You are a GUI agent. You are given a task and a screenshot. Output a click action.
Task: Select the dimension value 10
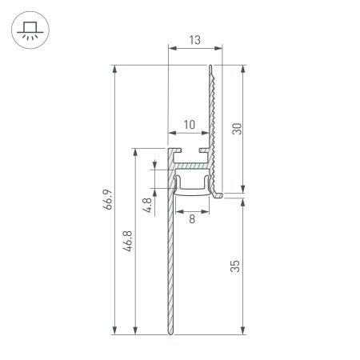[x=189, y=124]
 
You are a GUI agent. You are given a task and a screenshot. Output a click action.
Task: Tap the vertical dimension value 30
[x=236, y=128]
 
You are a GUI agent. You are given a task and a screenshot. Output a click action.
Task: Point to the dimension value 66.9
[x=106, y=198]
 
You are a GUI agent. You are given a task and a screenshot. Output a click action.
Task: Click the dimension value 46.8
[x=128, y=240]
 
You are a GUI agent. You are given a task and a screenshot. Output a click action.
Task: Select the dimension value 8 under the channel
[x=191, y=218]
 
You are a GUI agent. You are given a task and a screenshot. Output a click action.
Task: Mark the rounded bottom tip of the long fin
[x=170, y=330]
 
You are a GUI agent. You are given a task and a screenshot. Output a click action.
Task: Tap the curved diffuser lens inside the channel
[x=192, y=190]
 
